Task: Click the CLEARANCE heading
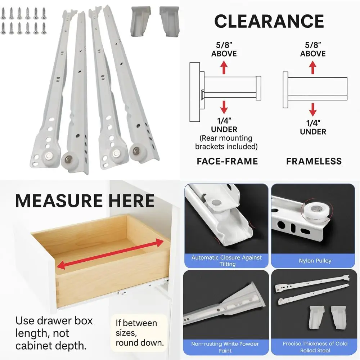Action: (269, 22)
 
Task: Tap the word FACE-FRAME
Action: (227, 161)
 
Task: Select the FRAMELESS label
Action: (314, 161)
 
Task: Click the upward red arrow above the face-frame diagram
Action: (224, 67)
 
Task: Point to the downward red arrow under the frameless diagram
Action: (313, 109)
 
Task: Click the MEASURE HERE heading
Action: (85, 201)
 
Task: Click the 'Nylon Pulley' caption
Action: (315, 261)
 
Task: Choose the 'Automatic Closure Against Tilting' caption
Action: (226, 261)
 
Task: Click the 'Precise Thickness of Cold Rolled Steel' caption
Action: (315, 347)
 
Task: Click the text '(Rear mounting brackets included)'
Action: (226, 142)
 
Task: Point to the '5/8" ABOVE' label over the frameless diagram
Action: (313, 49)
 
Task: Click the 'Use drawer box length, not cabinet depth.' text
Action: (54, 333)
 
